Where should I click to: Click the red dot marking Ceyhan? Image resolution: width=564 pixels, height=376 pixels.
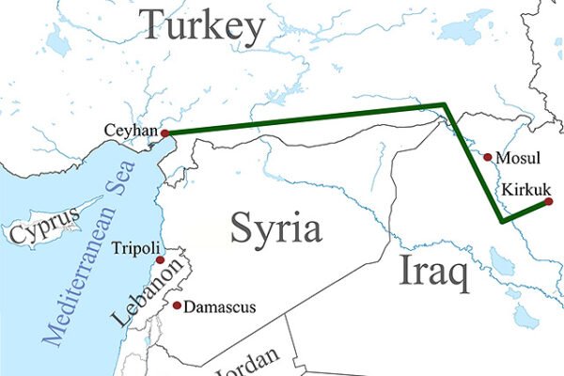(165, 133)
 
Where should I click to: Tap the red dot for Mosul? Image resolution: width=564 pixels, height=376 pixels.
(487, 156)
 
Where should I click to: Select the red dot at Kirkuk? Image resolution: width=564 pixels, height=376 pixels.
(549, 201)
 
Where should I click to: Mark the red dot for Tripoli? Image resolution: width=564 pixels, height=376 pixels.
(161, 259)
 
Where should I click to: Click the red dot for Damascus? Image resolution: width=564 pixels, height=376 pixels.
(177, 305)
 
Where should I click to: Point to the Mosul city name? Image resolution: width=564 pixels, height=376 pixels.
(518, 158)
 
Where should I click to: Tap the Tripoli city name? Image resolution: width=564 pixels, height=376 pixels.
(131, 250)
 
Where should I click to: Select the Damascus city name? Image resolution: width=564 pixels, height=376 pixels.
(219, 306)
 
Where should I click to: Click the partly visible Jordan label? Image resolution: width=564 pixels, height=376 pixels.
(245, 362)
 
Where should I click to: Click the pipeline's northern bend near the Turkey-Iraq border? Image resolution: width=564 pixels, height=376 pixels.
(445, 105)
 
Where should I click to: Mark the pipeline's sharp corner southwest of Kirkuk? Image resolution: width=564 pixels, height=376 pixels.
(503, 222)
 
